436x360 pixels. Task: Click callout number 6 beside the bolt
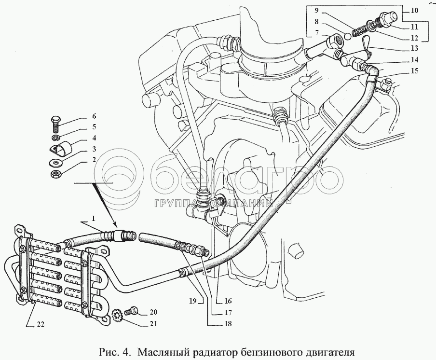pos(94,116)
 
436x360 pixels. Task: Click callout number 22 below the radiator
pos(41,324)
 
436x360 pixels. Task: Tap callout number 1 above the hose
pos(94,219)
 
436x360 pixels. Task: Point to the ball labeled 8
pos(346,36)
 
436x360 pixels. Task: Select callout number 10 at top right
pos(414,11)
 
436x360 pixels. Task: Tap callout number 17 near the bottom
pos(228,313)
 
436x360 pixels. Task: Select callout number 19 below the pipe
pos(193,301)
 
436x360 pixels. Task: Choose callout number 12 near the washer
pos(414,38)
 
